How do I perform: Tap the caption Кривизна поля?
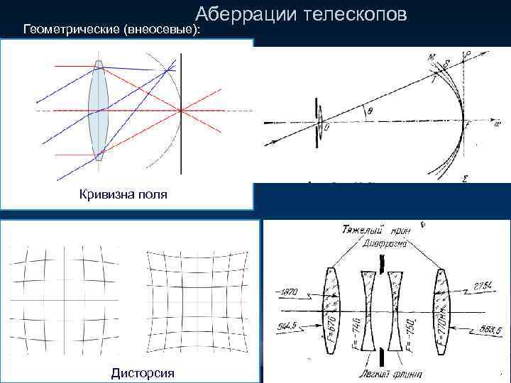[x=123, y=194]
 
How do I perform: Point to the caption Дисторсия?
[x=143, y=372]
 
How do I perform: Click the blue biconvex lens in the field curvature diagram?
[x=98, y=111]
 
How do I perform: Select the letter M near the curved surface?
[x=432, y=57]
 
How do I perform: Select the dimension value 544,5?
[x=288, y=326]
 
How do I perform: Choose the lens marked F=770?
[x=443, y=310]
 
